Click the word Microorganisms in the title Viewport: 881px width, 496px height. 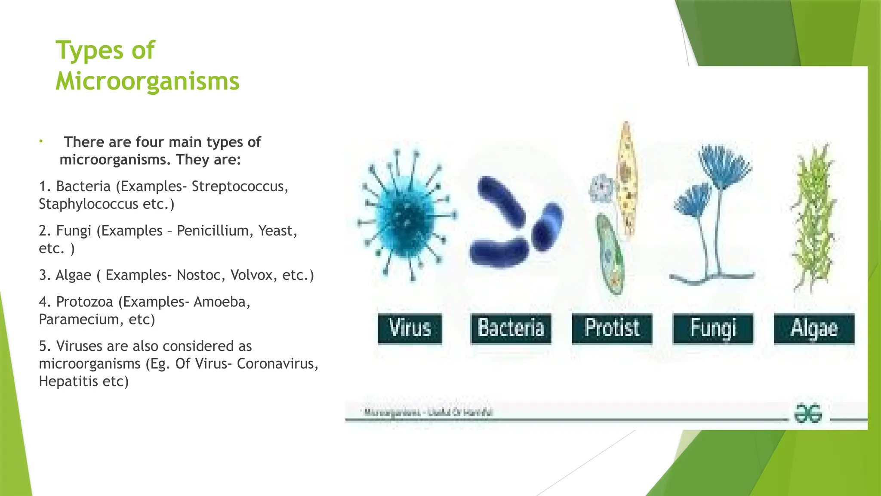click(147, 81)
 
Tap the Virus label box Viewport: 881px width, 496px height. click(410, 329)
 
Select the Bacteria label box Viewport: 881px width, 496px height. click(511, 329)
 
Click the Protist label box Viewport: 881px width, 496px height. click(612, 329)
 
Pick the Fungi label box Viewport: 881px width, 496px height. click(713, 329)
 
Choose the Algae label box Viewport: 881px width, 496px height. click(814, 329)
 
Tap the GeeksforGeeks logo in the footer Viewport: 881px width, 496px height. click(808, 413)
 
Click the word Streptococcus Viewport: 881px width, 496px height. click(240, 186)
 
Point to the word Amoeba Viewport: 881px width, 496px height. click(222, 302)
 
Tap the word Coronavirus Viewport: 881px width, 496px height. click(277, 364)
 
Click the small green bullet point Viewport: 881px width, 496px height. click(41, 141)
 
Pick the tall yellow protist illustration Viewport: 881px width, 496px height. click(626, 179)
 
